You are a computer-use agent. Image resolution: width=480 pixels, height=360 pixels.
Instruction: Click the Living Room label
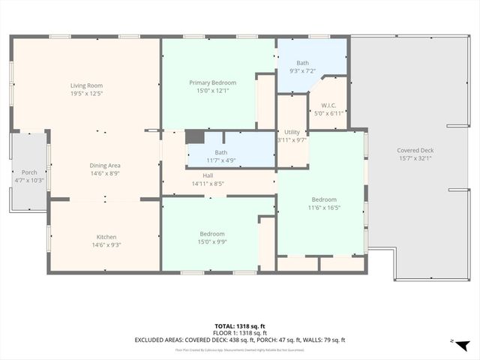pos(85,85)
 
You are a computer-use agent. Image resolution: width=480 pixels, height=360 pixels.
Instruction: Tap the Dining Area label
pos(105,165)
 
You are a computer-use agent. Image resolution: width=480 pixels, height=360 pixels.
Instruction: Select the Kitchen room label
pos(106,237)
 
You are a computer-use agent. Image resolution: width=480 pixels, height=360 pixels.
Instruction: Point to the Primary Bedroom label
pos(212,82)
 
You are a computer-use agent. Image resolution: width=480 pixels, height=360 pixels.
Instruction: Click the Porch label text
pos(29,172)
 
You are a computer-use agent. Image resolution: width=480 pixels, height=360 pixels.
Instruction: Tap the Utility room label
pos(292,132)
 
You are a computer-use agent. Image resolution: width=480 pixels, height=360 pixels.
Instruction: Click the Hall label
pos(208,175)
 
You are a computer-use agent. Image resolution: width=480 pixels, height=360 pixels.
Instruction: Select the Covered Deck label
pos(415,151)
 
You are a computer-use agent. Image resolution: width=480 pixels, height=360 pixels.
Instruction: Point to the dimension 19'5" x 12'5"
pos(85,94)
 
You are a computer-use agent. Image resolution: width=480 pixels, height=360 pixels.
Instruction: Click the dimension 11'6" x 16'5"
pos(324,207)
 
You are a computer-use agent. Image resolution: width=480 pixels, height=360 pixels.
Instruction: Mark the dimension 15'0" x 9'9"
pos(212,241)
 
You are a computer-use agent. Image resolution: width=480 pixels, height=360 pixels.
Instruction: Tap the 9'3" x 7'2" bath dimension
pos(301,71)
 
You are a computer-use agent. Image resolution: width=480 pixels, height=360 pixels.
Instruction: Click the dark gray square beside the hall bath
pos(194,136)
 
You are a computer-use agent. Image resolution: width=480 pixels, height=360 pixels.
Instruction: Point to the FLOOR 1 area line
pos(239,332)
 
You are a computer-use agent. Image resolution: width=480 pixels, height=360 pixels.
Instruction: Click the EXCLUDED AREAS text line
pos(239,340)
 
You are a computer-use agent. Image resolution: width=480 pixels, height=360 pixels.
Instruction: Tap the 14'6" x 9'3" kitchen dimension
pos(106,244)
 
